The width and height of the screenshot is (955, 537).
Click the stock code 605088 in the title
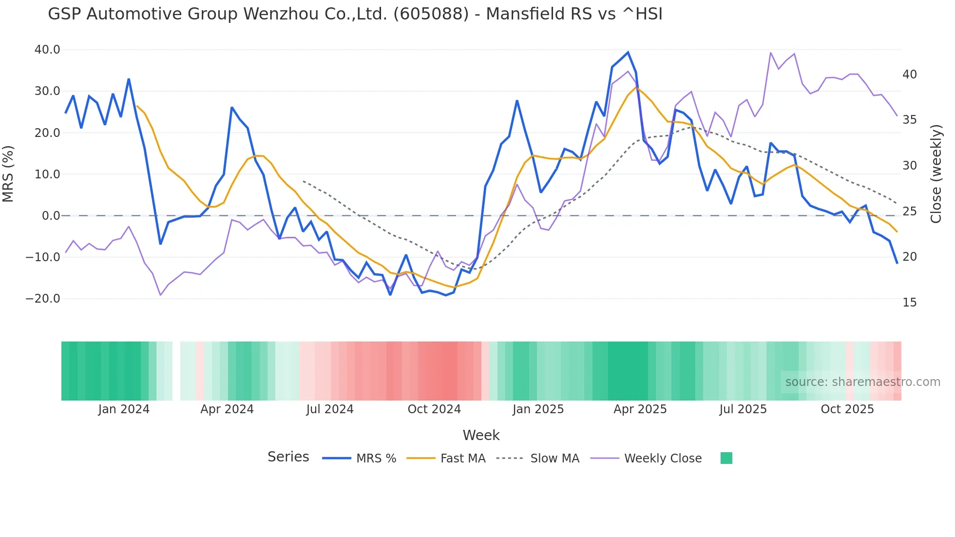tap(431, 14)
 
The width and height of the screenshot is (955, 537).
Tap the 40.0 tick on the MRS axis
tap(47, 50)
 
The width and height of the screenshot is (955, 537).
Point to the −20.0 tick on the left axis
tap(43, 299)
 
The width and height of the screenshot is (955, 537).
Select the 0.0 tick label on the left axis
tap(51, 216)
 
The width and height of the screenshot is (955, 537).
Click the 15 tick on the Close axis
tap(909, 303)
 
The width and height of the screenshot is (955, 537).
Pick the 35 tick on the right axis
tap(909, 120)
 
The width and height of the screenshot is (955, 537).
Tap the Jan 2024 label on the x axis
tap(124, 409)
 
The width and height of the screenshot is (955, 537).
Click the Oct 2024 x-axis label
tap(434, 409)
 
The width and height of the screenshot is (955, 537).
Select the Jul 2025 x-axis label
tap(743, 409)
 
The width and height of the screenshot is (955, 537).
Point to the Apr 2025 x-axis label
tap(640, 409)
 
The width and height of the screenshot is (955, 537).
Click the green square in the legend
tap(726, 458)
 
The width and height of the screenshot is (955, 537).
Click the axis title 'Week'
tap(481, 435)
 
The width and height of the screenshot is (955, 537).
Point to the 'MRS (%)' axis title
tap(8, 174)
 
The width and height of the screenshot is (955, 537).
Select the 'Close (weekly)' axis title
tap(936, 174)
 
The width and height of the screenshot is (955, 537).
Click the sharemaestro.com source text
tap(862, 382)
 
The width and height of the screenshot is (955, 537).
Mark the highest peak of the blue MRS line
tap(628, 52)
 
